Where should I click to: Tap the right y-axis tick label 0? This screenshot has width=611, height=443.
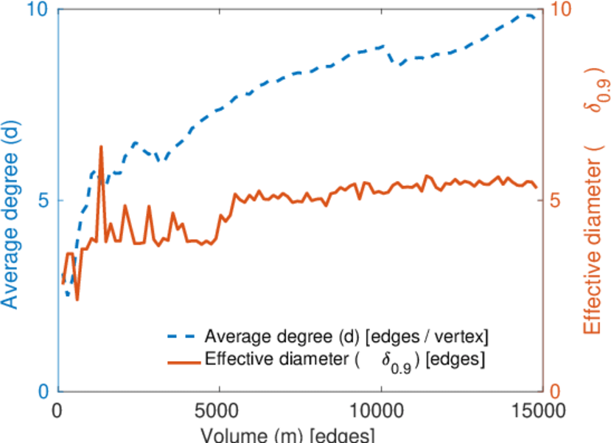[x=557, y=391]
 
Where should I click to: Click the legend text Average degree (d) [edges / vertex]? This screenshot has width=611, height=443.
[x=346, y=337]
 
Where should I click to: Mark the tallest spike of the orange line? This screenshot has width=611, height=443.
[x=101, y=147]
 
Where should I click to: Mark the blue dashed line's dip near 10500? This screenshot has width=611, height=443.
[x=400, y=65]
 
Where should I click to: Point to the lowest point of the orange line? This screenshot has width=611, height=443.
[x=77, y=299]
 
